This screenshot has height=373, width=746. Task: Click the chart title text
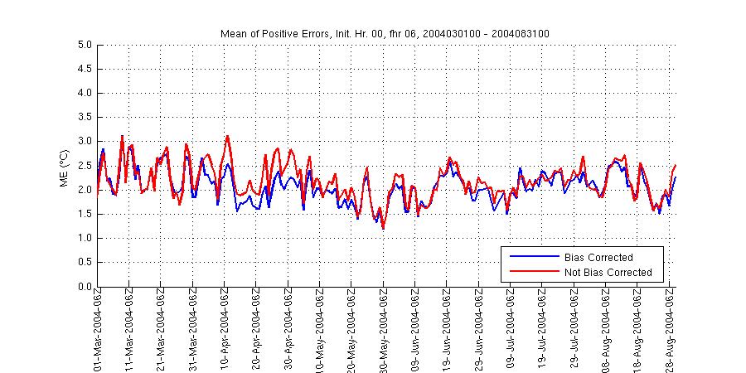(x=385, y=33)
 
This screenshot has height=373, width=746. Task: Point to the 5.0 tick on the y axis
(x=85, y=45)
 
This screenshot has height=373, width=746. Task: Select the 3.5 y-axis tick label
(x=85, y=118)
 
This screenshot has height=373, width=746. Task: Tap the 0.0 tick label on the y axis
(x=85, y=287)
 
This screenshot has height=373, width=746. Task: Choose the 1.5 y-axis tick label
(x=85, y=215)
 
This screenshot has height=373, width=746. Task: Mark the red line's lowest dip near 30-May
(x=383, y=229)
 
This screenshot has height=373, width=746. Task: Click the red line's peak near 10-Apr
(x=227, y=136)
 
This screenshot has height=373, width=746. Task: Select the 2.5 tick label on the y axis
(x=85, y=166)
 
